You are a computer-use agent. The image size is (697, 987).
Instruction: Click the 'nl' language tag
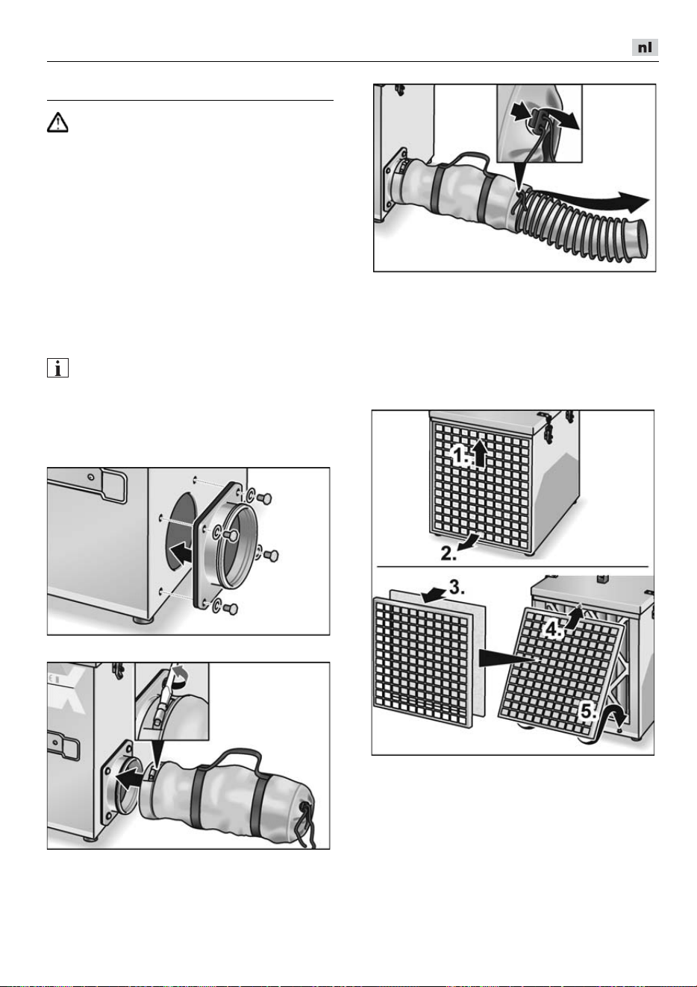tap(645, 47)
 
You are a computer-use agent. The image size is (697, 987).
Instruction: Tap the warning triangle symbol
tap(57, 122)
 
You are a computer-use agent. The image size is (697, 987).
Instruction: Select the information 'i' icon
tap(57, 368)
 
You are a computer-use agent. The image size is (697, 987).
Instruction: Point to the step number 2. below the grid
tap(448, 554)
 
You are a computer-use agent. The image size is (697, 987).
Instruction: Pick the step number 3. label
tap(457, 587)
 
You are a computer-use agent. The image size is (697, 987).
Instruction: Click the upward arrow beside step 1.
tap(481, 454)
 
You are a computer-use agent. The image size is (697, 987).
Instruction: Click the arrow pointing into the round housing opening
tap(180, 554)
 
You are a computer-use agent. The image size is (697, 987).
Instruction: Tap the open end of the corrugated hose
tap(638, 239)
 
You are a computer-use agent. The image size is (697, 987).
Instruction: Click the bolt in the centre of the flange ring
tap(231, 534)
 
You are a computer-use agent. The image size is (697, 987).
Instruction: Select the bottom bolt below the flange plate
tap(231, 609)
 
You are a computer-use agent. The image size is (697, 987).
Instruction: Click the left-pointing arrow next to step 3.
tap(434, 595)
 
